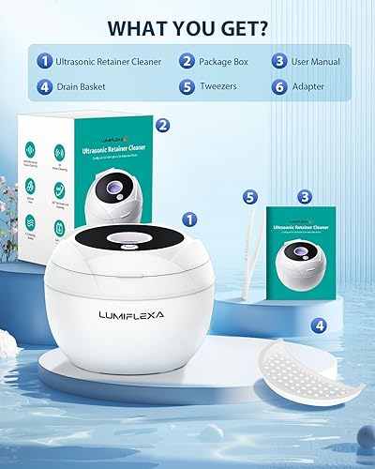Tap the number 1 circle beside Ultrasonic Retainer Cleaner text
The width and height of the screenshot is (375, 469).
(x=44, y=62)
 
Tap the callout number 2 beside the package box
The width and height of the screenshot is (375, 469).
(x=161, y=124)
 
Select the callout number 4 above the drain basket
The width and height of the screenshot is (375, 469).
(x=321, y=326)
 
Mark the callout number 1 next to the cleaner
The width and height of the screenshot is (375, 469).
(x=189, y=219)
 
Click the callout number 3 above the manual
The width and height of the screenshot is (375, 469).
(x=304, y=196)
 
